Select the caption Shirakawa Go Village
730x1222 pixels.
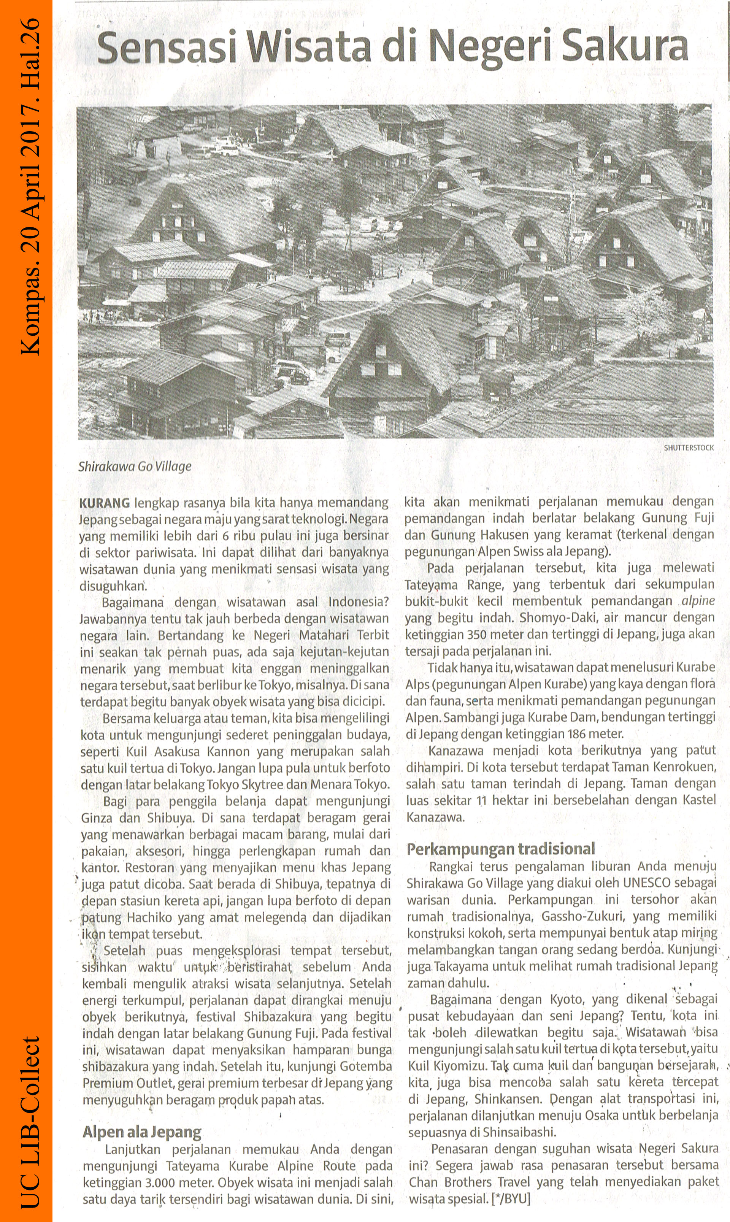coord(135,467)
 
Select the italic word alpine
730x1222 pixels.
coord(698,601)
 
